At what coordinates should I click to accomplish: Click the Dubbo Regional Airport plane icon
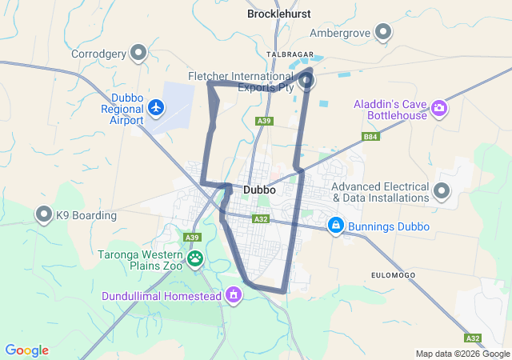point(155,106)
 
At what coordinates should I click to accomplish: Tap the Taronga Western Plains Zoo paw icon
point(195,258)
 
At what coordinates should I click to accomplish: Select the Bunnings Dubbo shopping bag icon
point(337,226)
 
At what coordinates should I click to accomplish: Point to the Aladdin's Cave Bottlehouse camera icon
point(438,107)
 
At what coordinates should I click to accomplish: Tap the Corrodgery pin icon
point(138,53)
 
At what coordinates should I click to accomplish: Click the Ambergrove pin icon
point(383,32)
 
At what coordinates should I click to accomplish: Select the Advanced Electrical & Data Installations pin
point(442,190)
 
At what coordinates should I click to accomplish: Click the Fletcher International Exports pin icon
point(306,81)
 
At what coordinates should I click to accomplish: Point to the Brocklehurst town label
point(278,14)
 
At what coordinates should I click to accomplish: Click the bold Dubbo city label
point(259,190)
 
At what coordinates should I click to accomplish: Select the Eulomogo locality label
point(394,274)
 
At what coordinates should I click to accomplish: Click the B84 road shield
point(370,137)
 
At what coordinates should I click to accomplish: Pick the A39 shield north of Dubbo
point(264,121)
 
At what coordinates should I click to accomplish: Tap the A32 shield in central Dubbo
point(260,218)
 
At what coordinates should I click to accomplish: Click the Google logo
point(26,350)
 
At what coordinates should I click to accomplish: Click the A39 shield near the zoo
point(191,238)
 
